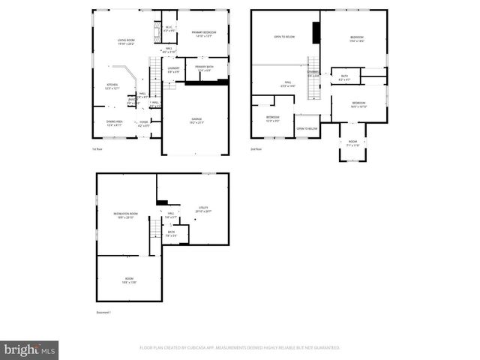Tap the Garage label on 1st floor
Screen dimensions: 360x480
[x=196, y=119]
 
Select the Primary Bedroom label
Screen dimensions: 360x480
[x=202, y=34]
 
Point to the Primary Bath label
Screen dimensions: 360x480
[x=205, y=69]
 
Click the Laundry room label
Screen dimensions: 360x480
[x=172, y=70]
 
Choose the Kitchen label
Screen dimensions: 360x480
[x=112, y=86]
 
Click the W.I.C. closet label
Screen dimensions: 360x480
[x=169, y=30]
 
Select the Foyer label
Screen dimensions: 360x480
[x=143, y=124]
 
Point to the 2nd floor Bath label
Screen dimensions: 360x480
[x=344, y=77]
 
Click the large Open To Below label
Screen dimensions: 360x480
[x=283, y=37]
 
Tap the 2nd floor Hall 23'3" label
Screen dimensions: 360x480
[x=286, y=85]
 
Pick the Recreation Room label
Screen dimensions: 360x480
[x=125, y=215]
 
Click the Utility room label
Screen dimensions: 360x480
[x=203, y=210]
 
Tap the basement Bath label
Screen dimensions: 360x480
[x=172, y=234]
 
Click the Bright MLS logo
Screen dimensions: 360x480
[x=30, y=349]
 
